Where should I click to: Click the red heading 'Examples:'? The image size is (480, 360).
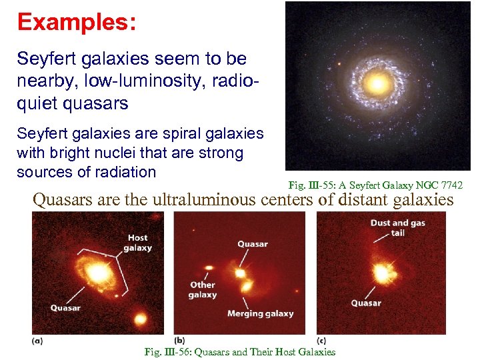point(77,22)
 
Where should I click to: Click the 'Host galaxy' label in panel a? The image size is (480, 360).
point(137,243)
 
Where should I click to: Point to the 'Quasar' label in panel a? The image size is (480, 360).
point(65,307)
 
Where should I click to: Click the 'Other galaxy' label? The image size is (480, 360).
point(202,289)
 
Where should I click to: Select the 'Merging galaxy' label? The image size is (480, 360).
point(260,313)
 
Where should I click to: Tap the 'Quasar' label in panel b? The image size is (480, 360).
point(253,244)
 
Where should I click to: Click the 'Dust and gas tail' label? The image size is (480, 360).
point(397,228)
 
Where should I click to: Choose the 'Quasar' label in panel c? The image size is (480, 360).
point(366,303)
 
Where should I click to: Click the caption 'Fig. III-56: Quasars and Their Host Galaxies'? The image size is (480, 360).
point(239,352)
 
